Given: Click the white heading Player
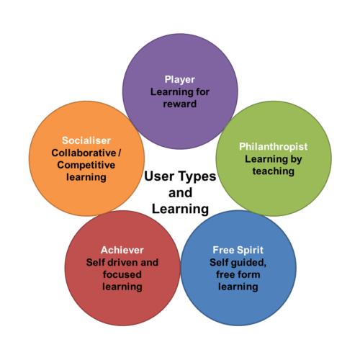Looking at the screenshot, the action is pyautogui.click(x=180, y=80).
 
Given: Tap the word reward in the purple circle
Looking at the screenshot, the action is pyautogui.click(x=180, y=104).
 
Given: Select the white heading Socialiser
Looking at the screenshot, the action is pyautogui.click(x=86, y=140).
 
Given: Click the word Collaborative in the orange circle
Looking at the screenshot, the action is pyautogui.click(x=84, y=153).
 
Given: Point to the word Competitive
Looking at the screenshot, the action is pyautogui.click(x=86, y=165).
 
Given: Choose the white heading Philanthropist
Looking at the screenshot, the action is pyautogui.click(x=274, y=147).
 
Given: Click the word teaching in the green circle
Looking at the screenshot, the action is pyautogui.click(x=274, y=171).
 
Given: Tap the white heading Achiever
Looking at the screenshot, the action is pyautogui.click(x=122, y=250).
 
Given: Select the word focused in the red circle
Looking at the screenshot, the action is pyautogui.click(x=122, y=274).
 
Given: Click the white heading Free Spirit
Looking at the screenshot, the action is pyautogui.click(x=238, y=250).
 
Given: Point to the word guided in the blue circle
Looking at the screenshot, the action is pyautogui.click(x=248, y=263).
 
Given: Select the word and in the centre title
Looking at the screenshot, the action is pyautogui.click(x=180, y=193).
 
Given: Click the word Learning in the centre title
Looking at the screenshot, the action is pyautogui.click(x=180, y=210).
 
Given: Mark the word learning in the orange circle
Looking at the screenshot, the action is pyautogui.click(x=86, y=178).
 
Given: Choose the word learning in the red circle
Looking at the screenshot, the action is pyautogui.click(x=122, y=287).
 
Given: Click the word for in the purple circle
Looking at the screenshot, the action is pyautogui.click(x=202, y=92).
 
